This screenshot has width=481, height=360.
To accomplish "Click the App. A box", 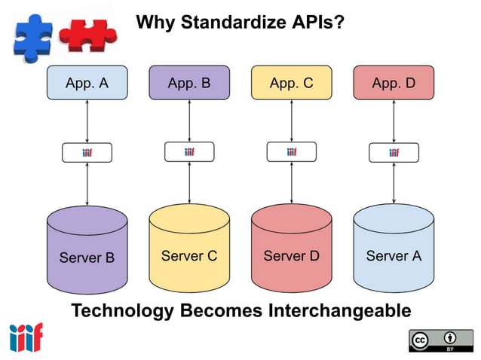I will click(x=87, y=84).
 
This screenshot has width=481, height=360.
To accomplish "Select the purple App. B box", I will click(x=189, y=84).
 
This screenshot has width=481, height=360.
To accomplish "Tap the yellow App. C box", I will click(x=291, y=84).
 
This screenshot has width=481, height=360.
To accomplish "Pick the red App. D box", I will click(x=394, y=84).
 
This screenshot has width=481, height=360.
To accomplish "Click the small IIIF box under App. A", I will click(x=87, y=153).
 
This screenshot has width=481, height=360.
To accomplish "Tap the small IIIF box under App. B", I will click(x=189, y=152).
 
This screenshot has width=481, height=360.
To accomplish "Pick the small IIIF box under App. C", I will click(x=291, y=152).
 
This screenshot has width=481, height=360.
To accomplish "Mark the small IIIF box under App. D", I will click(x=394, y=153).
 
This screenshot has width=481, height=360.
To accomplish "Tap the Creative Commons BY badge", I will click(x=441, y=340).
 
